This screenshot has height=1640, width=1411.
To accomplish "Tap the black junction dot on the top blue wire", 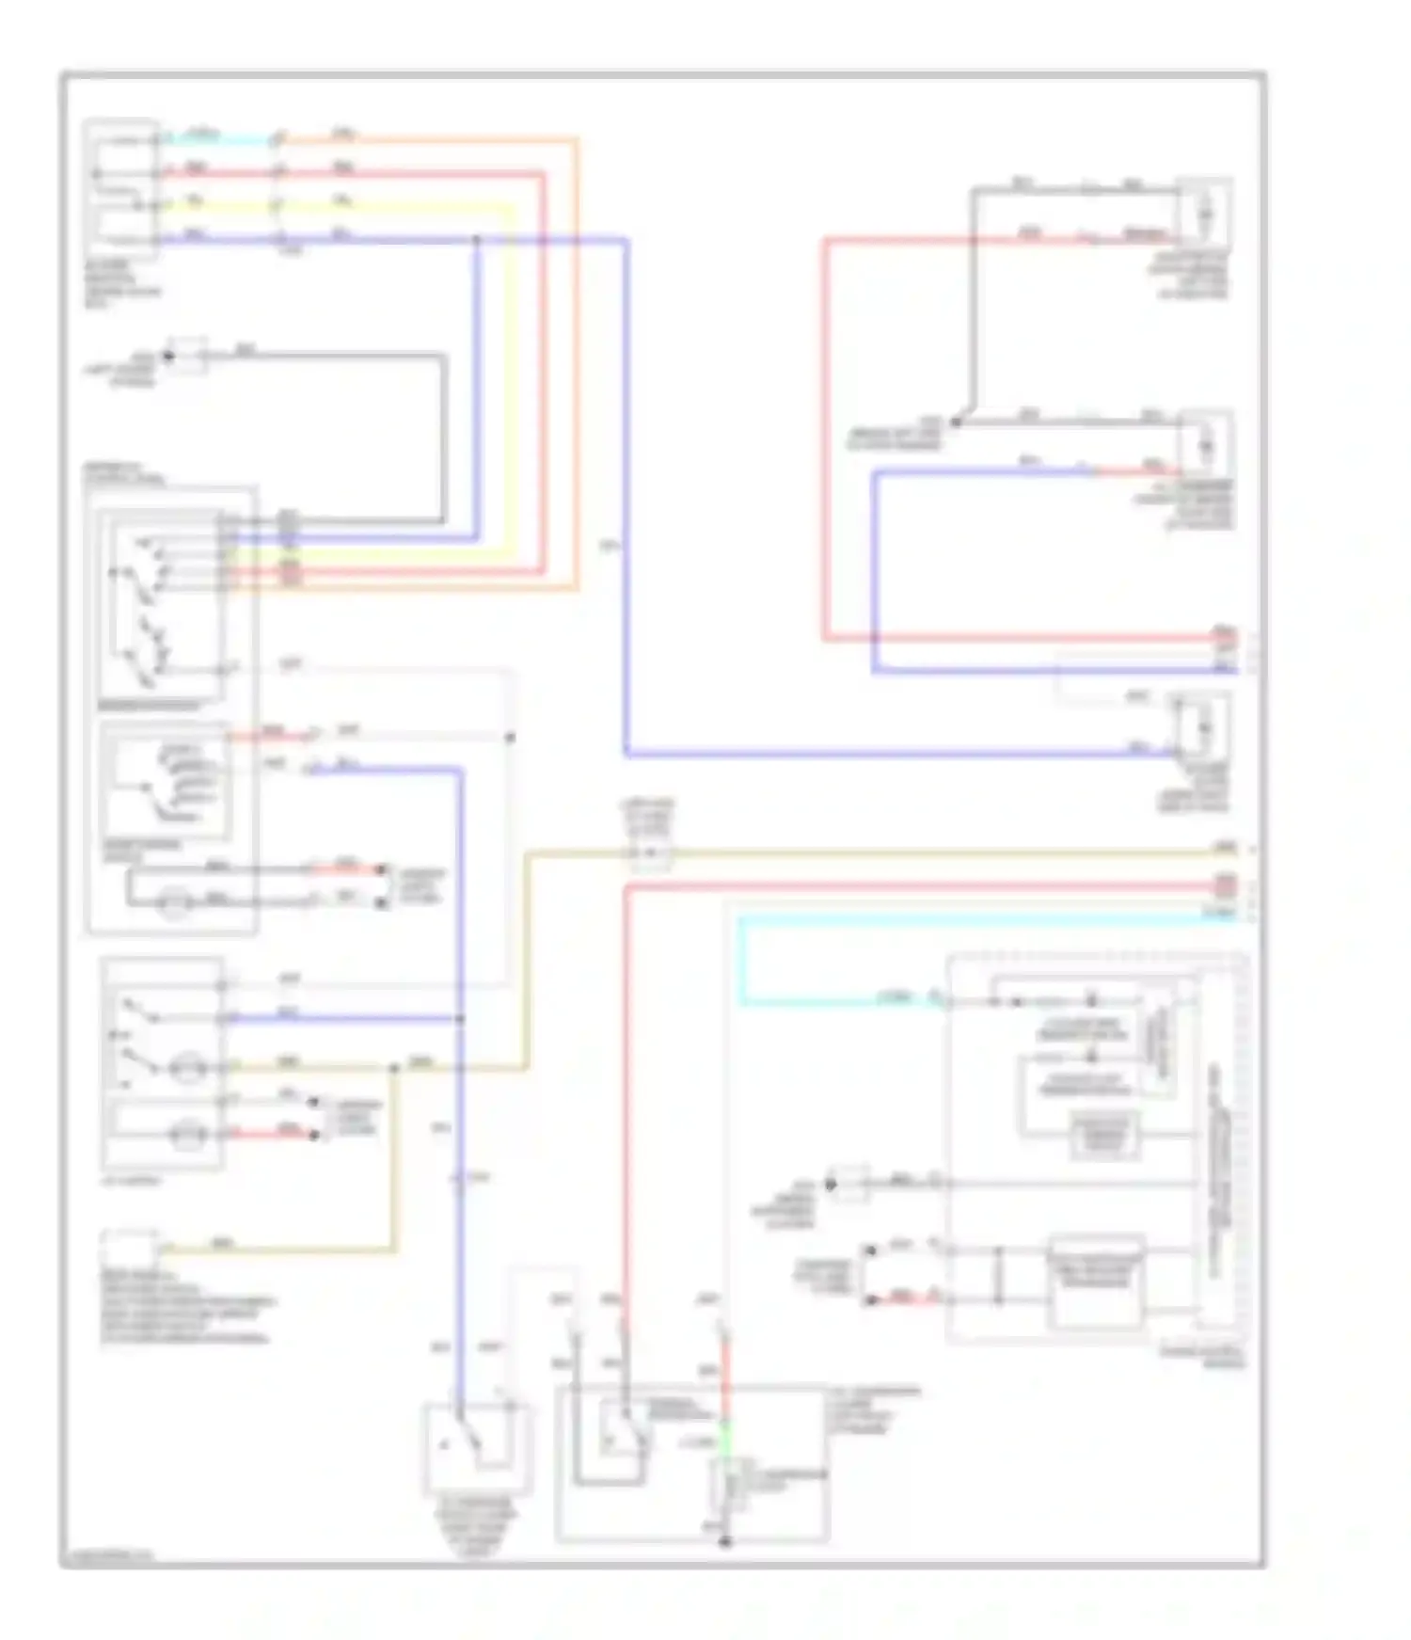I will pos(476,240).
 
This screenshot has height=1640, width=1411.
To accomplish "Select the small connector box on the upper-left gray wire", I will pos(188,356).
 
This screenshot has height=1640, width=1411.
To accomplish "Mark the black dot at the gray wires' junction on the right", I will pos(956,422).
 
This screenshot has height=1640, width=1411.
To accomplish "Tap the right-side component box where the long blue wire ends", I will pos(1202,726).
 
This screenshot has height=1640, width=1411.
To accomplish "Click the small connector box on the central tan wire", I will pos(651,854).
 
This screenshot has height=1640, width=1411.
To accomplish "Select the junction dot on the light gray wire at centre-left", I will pos(510,738).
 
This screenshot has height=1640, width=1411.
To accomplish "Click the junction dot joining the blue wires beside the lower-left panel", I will pos(460,1019).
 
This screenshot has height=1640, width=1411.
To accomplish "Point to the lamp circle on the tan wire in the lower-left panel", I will pos(187,1068).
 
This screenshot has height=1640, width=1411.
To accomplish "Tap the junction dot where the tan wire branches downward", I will pos(395,1067).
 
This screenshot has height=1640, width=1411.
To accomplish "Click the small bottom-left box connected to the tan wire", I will pos(129,1248).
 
